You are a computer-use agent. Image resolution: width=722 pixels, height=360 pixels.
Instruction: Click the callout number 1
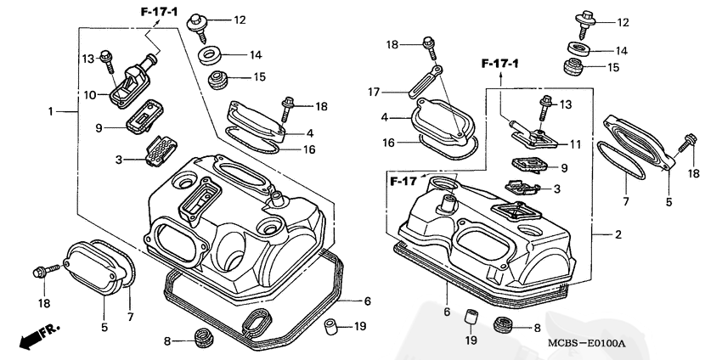(x=51, y=111)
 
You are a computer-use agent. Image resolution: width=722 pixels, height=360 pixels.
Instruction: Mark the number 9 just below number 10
(x=99, y=127)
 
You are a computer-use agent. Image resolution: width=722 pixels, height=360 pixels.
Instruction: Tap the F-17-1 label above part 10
(x=159, y=11)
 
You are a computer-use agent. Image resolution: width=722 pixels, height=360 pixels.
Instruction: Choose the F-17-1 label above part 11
(x=500, y=64)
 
